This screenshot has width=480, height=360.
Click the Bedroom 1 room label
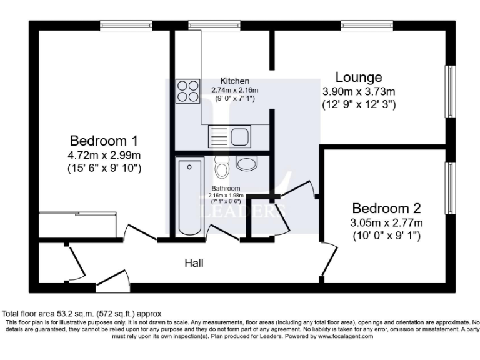click(x=104, y=141)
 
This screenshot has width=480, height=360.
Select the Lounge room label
click(x=359, y=77)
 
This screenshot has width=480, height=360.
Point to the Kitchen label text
click(x=234, y=81)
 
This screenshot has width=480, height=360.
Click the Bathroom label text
click(x=225, y=188)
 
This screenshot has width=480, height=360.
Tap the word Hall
click(x=194, y=264)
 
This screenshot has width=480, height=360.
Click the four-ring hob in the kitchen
click(x=188, y=91)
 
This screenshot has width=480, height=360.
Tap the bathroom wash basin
click(x=247, y=164)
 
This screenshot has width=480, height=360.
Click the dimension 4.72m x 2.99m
click(x=104, y=155)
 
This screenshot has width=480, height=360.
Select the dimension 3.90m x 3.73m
click(x=359, y=92)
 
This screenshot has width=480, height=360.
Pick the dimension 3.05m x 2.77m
click(x=386, y=223)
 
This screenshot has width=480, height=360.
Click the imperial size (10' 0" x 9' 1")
click(x=386, y=236)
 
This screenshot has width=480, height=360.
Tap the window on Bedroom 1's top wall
click(x=126, y=25)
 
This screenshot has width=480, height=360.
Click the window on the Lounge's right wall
click(x=449, y=91)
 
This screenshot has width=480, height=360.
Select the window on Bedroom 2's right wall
click(x=449, y=188)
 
